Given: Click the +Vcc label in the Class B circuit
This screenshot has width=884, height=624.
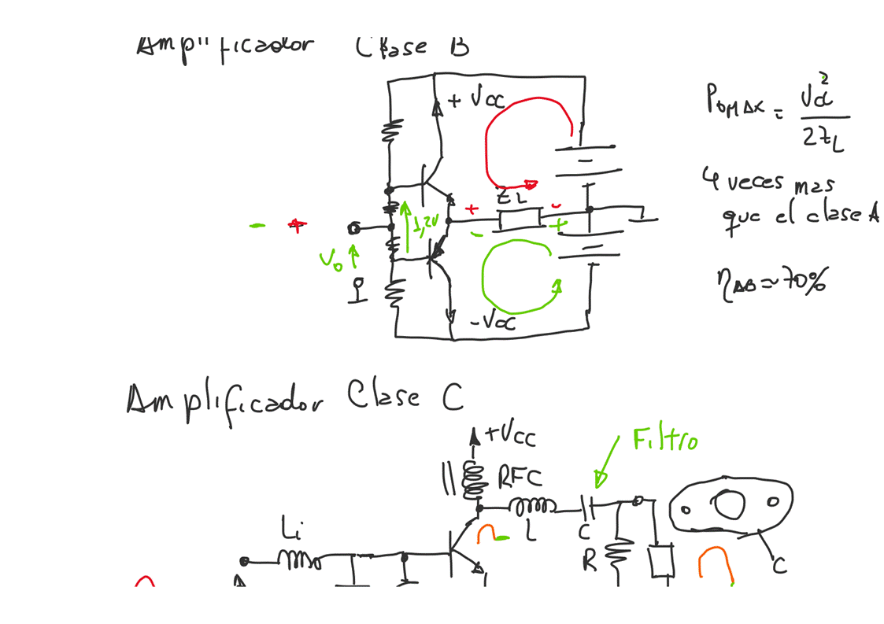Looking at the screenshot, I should click(x=477, y=100).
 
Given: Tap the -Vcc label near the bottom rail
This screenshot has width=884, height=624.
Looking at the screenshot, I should click(x=494, y=322).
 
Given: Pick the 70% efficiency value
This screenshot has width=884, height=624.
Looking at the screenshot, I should click(x=805, y=279).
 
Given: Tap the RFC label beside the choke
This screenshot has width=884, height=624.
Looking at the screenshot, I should click(x=520, y=475).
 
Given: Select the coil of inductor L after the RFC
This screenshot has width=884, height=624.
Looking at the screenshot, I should click(x=533, y=505).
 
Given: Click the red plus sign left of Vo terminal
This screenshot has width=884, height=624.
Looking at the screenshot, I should click(x=296, y=226).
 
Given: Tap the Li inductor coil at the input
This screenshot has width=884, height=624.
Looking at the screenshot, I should click(x=299, y=560).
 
